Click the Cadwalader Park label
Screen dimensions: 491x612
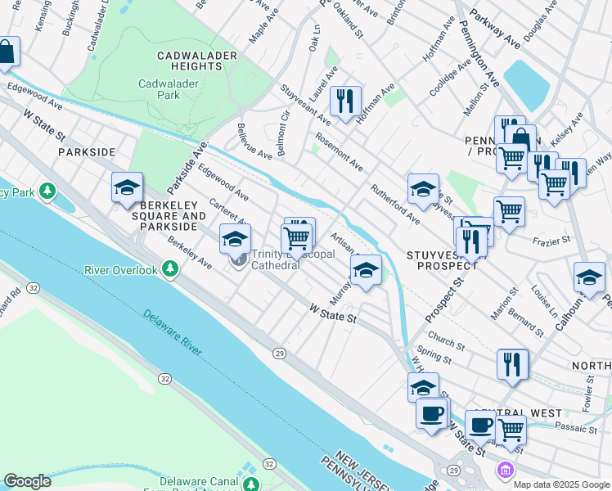click(169, 89)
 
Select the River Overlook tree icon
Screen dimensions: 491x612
click(170, 269)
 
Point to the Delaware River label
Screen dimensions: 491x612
click(172, 332)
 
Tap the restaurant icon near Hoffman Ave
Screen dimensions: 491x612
click(345, 101)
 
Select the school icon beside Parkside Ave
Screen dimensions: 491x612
click(127, 187)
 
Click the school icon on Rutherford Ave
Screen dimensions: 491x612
click(423, 187)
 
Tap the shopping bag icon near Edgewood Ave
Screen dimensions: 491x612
click(6, 52)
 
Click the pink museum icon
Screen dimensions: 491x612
click(505, 471)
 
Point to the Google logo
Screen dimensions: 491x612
click(27, 481)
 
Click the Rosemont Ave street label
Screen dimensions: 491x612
click(339, 152)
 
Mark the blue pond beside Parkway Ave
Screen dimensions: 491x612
click(530, 84)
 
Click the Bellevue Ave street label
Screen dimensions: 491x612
click(254, 141)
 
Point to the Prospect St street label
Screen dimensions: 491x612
click(443, 299)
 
